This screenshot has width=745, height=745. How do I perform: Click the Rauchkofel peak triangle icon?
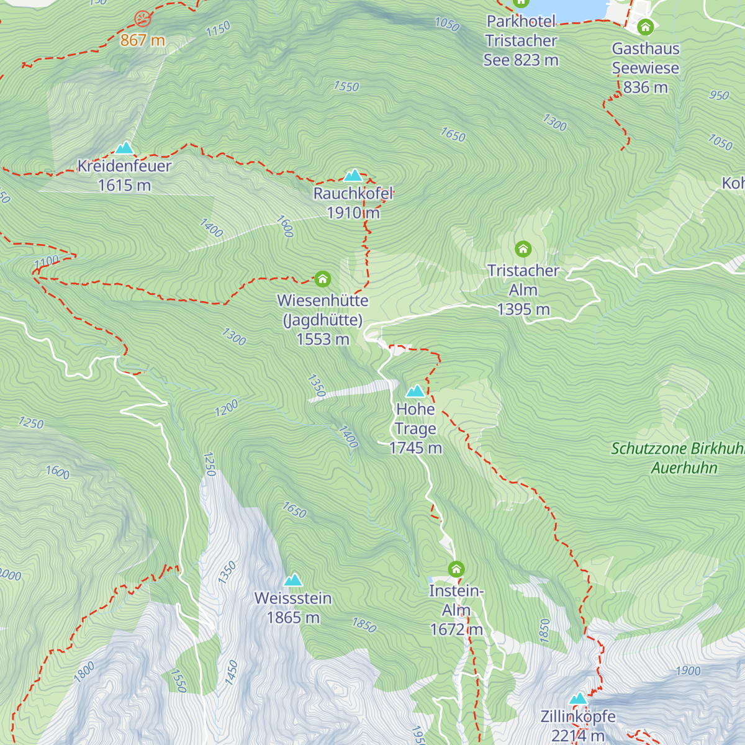[353, 175]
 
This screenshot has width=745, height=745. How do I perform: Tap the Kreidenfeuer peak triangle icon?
[125, 148]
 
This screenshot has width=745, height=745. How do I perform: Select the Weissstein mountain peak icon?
[293, 580]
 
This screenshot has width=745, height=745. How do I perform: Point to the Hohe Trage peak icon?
[415, 391]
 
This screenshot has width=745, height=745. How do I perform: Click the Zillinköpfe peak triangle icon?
[578, 698]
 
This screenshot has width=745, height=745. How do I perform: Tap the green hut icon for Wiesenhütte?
[322, 279]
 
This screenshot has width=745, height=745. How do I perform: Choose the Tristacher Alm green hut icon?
[523, 250]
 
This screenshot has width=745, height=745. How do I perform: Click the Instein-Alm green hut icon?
[456, 569]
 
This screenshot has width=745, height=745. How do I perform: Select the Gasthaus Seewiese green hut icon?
[646, 27]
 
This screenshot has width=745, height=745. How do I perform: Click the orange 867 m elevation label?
[143, 41]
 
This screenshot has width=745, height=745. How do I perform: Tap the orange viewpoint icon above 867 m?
[143, 19]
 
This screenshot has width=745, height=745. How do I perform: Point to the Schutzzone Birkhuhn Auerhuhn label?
[677, 458]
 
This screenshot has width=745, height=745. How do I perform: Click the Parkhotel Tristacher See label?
[521, 41]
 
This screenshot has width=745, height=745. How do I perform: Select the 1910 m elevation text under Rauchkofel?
[353, 213]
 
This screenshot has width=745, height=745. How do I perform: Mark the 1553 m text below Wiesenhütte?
[323, 340]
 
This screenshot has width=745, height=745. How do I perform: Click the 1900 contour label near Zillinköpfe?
[688, 670]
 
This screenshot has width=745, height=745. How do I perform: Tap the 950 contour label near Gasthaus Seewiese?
[719, 96]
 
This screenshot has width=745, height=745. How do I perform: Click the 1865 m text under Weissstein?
[293, 618]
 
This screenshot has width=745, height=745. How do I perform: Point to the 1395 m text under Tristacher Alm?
[523, 309]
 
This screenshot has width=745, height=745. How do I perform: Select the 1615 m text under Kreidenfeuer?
[125, 186]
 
